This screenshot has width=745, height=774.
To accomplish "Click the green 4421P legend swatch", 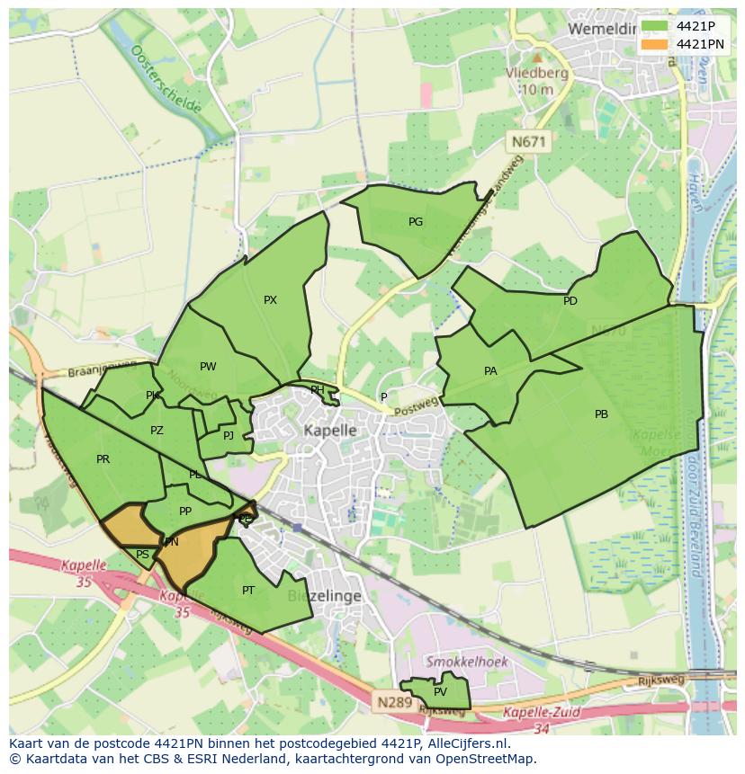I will [654, 26].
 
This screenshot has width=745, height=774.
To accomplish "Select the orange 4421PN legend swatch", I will [654, 43].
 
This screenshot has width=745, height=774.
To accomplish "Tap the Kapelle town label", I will [329, 431].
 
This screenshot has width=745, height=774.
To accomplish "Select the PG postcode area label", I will [416, 221].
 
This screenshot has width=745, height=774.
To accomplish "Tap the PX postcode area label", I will [270, 300].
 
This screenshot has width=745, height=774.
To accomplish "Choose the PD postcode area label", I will [570, 301].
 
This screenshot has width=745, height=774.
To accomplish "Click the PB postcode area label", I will [601, 414].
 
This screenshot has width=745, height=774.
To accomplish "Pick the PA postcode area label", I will [490, 370].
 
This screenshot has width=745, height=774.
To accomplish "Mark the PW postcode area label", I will [208, 366].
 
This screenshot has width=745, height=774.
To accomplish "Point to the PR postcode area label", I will [103, 459].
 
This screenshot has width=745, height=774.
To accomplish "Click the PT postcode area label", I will [248, 591].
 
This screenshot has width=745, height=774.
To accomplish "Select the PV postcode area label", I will [440, 692].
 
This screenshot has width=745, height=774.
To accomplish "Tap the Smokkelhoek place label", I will [467, 662].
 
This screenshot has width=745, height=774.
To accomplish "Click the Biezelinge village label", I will [325, 596].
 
